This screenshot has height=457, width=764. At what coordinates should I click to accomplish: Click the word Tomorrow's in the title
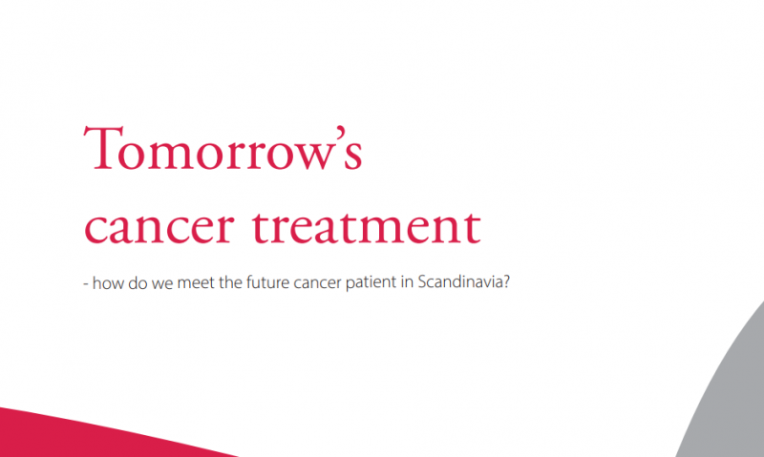click(x=223, y=148)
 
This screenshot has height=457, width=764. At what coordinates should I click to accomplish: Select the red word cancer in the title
click(x=159, y=227)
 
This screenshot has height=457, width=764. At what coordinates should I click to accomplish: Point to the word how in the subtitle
click(x=108, y=282)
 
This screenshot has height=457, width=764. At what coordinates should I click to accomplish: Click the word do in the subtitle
click(x=138, y=282)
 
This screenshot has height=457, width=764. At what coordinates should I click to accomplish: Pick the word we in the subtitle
click(x=161, y=283)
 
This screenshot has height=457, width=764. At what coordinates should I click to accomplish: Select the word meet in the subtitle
click(x=196, y=282)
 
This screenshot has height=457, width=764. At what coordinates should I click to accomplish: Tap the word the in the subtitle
click(x=230, y=282)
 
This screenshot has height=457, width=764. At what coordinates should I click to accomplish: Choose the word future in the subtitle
click(x=268, y=281)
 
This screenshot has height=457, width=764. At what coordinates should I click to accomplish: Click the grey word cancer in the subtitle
click(x=318, y=283)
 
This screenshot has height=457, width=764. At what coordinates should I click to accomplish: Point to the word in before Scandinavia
click(x=408, y=281)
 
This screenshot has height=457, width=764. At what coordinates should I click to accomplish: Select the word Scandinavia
click(x=459, y=281)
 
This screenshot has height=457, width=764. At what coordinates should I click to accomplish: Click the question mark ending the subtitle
click(x=506, y=281)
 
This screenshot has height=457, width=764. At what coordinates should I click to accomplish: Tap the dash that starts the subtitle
click(x=85, y=284)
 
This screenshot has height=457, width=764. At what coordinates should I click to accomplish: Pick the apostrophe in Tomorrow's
click(x=340, y=133)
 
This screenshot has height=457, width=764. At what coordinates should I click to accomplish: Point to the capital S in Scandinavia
click(x=422, y=282)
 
